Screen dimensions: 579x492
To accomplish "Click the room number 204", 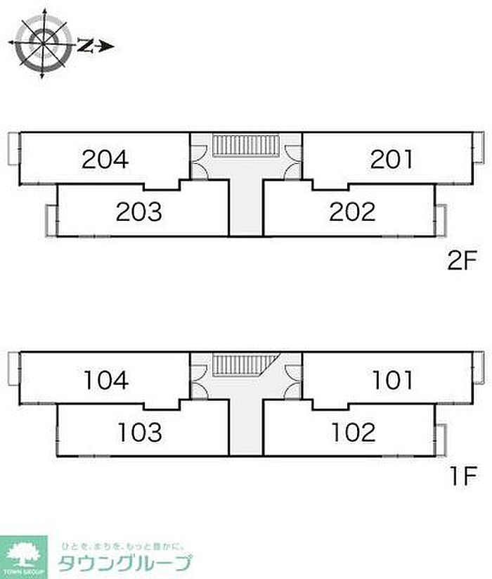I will click(x=105, y=160).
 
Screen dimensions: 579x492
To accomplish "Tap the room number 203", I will click(x=139, y=211).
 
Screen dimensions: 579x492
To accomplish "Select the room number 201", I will click(x=392, y=160).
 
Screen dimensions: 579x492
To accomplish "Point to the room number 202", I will click(x=352, y=211).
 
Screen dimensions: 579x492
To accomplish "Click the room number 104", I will click(x=105, y=380).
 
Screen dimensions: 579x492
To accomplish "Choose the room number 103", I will click(x=139, y=431).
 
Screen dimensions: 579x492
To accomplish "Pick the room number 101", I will click(x=392, y=380).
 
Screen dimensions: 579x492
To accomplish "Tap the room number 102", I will click(x=352, y=431).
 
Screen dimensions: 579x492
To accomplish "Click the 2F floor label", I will click(x=462, y=263).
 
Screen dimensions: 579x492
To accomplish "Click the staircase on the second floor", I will click(x=247, y=146).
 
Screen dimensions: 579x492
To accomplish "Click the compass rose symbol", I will click(x=43, y=44).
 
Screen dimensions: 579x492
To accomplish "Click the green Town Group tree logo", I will click(x=24, y=555).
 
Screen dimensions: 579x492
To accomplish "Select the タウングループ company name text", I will click(x=125, y=564).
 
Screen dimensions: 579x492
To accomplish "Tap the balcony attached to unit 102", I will click(x=441, y=439).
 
